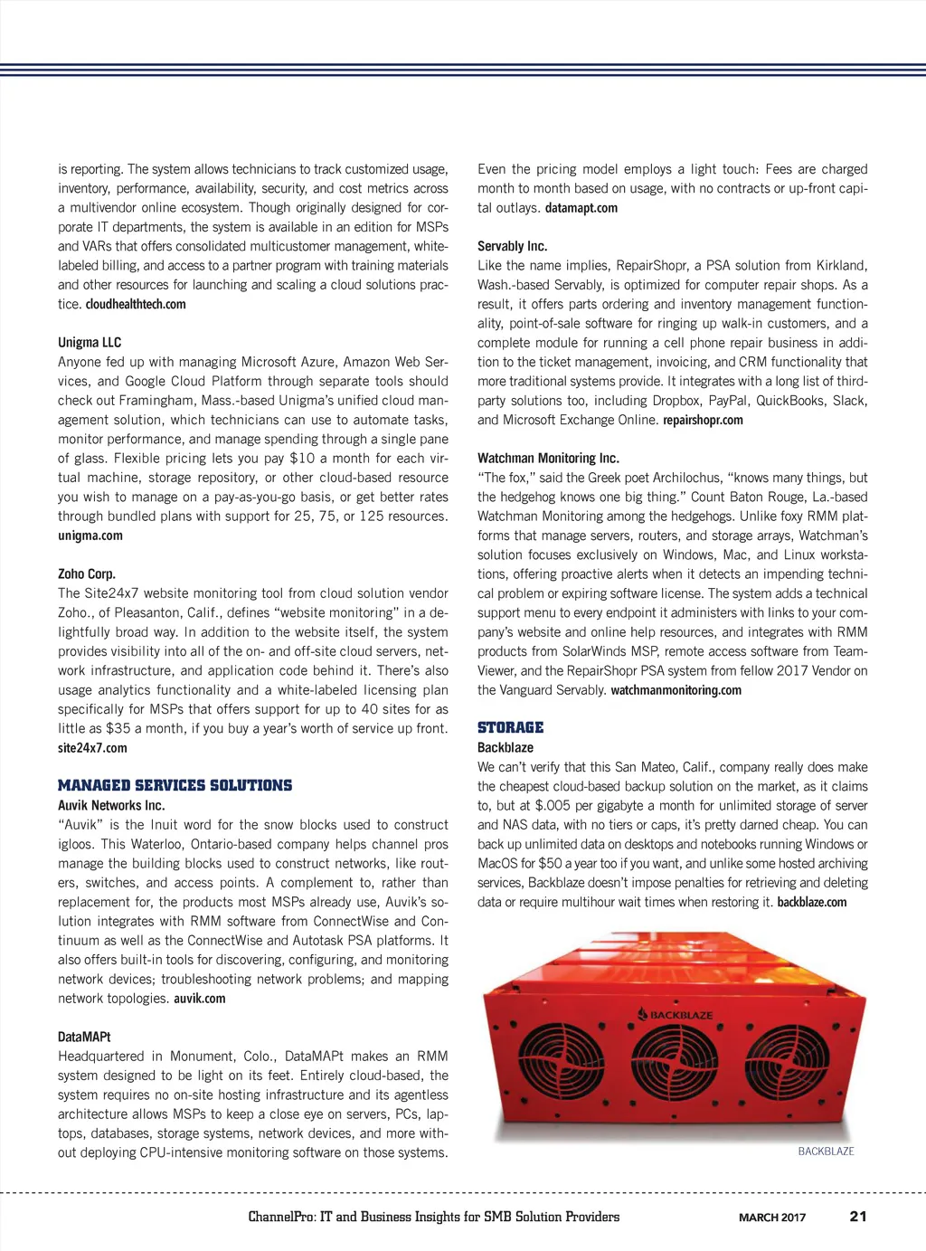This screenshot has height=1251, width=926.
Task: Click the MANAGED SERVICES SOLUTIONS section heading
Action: tap(175, 785)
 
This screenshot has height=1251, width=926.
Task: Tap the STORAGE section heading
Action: tap(510, 727)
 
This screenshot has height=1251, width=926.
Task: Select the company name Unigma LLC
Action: tap(90, 342)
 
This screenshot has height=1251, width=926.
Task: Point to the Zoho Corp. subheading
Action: tap(87, 573)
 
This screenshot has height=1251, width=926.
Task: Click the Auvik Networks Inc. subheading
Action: tap(111, 805)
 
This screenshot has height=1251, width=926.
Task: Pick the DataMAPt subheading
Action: tap(84, 1037)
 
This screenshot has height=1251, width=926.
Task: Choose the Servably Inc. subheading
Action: tap(512, 246)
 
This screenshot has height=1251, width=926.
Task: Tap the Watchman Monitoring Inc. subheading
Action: tap(548, 458)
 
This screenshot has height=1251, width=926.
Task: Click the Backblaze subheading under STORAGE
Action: tap(506, 747)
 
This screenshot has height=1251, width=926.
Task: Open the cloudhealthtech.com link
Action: tap(136, 304)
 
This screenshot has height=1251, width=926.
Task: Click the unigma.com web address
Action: tap(90, 535)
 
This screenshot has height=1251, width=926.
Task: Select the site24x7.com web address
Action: tap(92, 748)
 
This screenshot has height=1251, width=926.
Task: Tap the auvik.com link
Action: tap(200, 999)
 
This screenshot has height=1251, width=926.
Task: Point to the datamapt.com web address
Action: tap(581, 208)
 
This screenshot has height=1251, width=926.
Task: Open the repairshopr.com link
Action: tap(703, 420)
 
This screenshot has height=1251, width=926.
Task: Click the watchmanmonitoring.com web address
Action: tap(676, 690)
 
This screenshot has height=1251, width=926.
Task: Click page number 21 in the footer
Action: tap(858, 1217)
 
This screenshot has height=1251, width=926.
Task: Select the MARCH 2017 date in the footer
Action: tap(771, 1218)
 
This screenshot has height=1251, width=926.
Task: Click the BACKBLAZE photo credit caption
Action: tap(826, 1151)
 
